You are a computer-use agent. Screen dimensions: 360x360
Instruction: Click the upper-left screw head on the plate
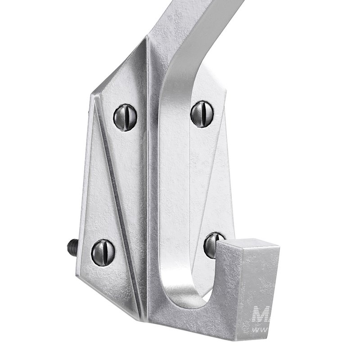click(125, 117)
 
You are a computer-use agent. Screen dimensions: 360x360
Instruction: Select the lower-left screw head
click(103, 252)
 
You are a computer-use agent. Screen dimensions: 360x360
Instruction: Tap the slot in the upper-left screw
click(126, 117)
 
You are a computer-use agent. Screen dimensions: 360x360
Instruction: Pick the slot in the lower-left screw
click(103, 252)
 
